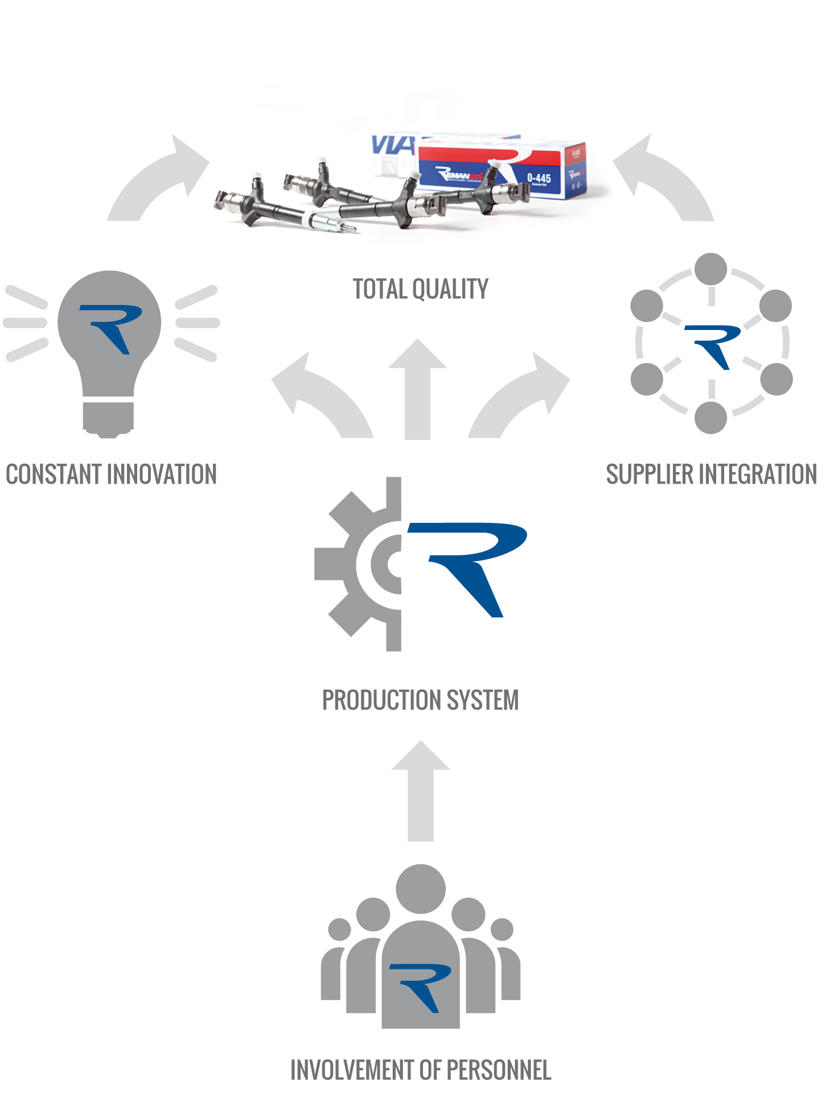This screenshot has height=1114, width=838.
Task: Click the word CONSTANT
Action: tap(54, 475)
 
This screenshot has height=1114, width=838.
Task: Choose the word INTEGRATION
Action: tap(758, 475)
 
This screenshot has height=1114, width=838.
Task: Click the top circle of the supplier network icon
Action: tap(711, 269)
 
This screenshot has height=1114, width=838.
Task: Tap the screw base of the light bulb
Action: tap(108, 418)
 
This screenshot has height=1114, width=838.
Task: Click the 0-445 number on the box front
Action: tap(539, 178)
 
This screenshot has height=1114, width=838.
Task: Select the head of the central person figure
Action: tap(421, 889)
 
